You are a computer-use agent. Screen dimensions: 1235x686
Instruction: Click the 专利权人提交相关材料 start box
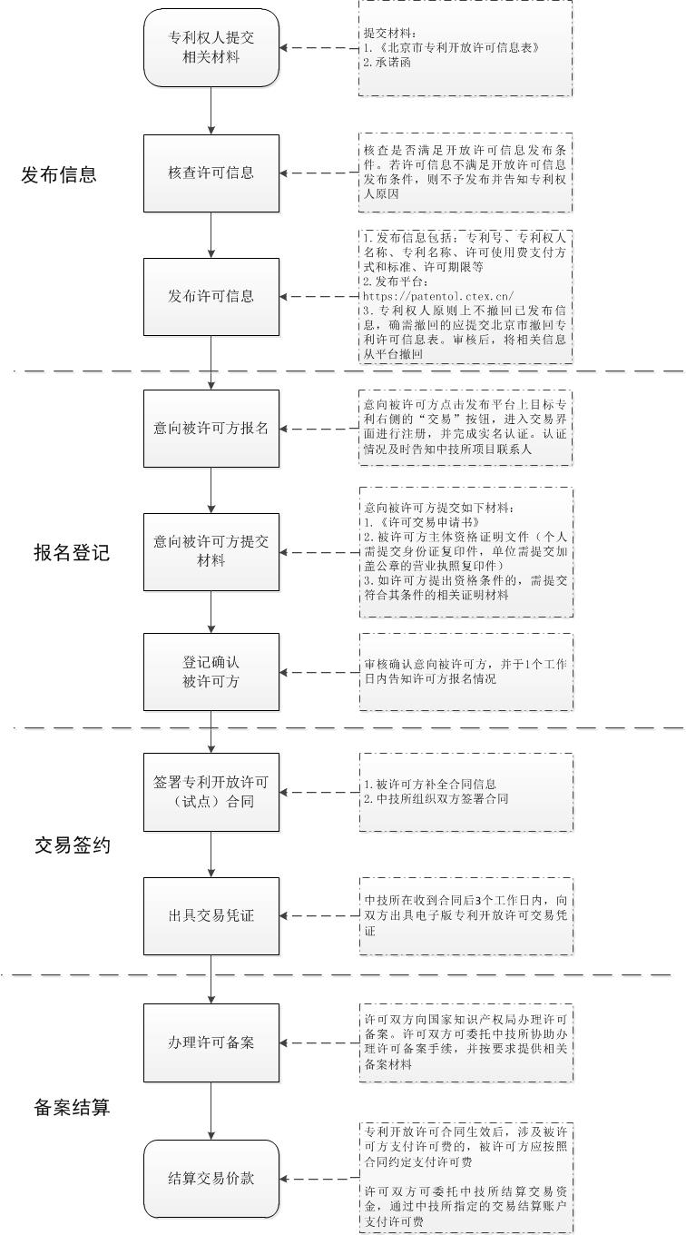pos(211,48)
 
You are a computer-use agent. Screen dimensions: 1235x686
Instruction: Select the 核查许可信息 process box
pos(211,173)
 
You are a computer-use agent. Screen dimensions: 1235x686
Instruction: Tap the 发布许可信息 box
pos(211,296)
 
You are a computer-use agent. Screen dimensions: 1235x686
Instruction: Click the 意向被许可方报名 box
pos(211,428)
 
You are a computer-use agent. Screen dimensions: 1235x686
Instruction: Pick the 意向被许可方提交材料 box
pos(211,551)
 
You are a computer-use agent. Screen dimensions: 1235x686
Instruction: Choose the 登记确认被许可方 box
pos(211,672)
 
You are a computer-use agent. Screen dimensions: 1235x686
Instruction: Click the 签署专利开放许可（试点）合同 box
pos(211,791)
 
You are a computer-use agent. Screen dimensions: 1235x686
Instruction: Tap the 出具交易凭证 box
pos(211,915)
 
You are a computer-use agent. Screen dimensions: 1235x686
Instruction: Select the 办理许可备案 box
pos(211,1042)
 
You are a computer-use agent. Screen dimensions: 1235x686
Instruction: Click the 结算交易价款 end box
pos(211,1178)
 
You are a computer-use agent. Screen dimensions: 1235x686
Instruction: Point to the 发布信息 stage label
pos(59,174)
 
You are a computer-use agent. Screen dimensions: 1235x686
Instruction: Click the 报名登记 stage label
pos(72,552)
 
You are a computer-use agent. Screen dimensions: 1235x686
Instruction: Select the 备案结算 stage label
pos(72,1107)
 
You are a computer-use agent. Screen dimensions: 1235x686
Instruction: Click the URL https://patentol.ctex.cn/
pos(437,295)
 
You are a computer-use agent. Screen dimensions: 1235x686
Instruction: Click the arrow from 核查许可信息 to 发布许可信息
pos(211,234)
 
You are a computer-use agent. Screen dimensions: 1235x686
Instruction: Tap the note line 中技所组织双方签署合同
pos(436,799)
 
